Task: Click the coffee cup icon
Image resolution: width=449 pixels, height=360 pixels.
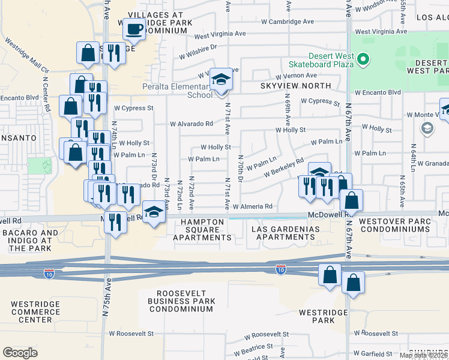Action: (x=135, y=29)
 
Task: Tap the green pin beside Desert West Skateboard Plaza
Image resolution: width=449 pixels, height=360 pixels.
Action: (x=363, y=59)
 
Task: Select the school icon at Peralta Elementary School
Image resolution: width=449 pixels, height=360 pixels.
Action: (x=221, y=80)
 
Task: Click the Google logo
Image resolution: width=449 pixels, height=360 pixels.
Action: (x=20, y=353)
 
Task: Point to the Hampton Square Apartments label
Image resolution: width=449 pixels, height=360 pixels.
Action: (x=202, y=229)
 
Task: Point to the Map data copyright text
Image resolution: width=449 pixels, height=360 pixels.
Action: (x=424, y=355)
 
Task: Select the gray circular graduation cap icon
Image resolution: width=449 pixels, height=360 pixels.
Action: (x=427, y=128)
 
